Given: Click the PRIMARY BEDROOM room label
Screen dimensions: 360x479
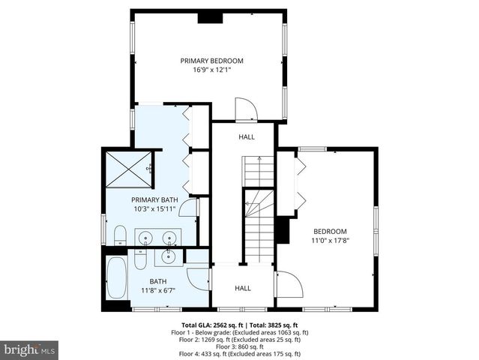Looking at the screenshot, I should tap(211, 61).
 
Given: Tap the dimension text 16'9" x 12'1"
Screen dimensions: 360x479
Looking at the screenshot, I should tap(211, 70).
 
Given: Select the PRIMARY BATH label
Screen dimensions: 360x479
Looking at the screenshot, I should tap(154, 199).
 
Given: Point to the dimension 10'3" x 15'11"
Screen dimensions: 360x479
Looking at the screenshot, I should tap(154, 209).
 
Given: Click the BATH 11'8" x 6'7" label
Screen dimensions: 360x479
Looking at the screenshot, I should tap(158, 286).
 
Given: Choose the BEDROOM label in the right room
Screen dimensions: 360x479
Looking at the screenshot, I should tap(330, 231).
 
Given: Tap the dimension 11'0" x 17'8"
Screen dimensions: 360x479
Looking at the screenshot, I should tap(330, 241).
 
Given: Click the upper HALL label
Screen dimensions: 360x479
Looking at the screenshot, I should tap(247, 137).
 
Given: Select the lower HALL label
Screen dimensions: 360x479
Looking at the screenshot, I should tap(243, 288).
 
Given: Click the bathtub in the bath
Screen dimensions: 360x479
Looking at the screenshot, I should tap(118, 280).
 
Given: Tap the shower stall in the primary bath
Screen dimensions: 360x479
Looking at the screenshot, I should tap(126, 169).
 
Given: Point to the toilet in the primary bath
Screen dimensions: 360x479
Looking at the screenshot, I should tap(120, 235).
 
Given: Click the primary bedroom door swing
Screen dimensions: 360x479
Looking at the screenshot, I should tap(246, 109).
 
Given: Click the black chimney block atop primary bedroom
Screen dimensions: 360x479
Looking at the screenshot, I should tap(209, 17).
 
